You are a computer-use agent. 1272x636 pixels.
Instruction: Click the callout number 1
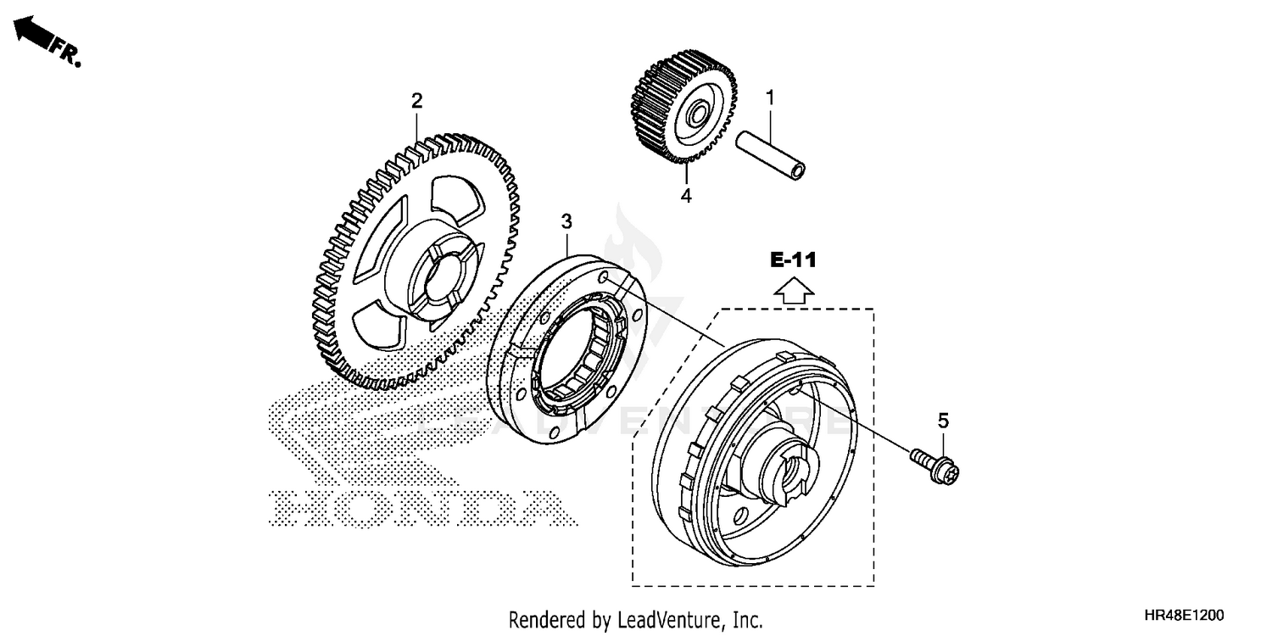coord(770,98)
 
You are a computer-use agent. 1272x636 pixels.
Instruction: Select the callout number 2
coord(416,102)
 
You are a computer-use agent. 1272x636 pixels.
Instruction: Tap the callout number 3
coord(566,222)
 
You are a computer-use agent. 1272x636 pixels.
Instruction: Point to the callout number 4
coord(685,196)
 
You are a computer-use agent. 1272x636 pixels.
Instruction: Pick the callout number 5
coord(943,420)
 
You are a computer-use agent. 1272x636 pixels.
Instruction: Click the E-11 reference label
coord(793,260)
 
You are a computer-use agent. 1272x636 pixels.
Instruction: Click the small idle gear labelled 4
coord(683,106)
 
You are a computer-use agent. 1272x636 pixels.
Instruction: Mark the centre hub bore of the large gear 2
coord(439,278)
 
